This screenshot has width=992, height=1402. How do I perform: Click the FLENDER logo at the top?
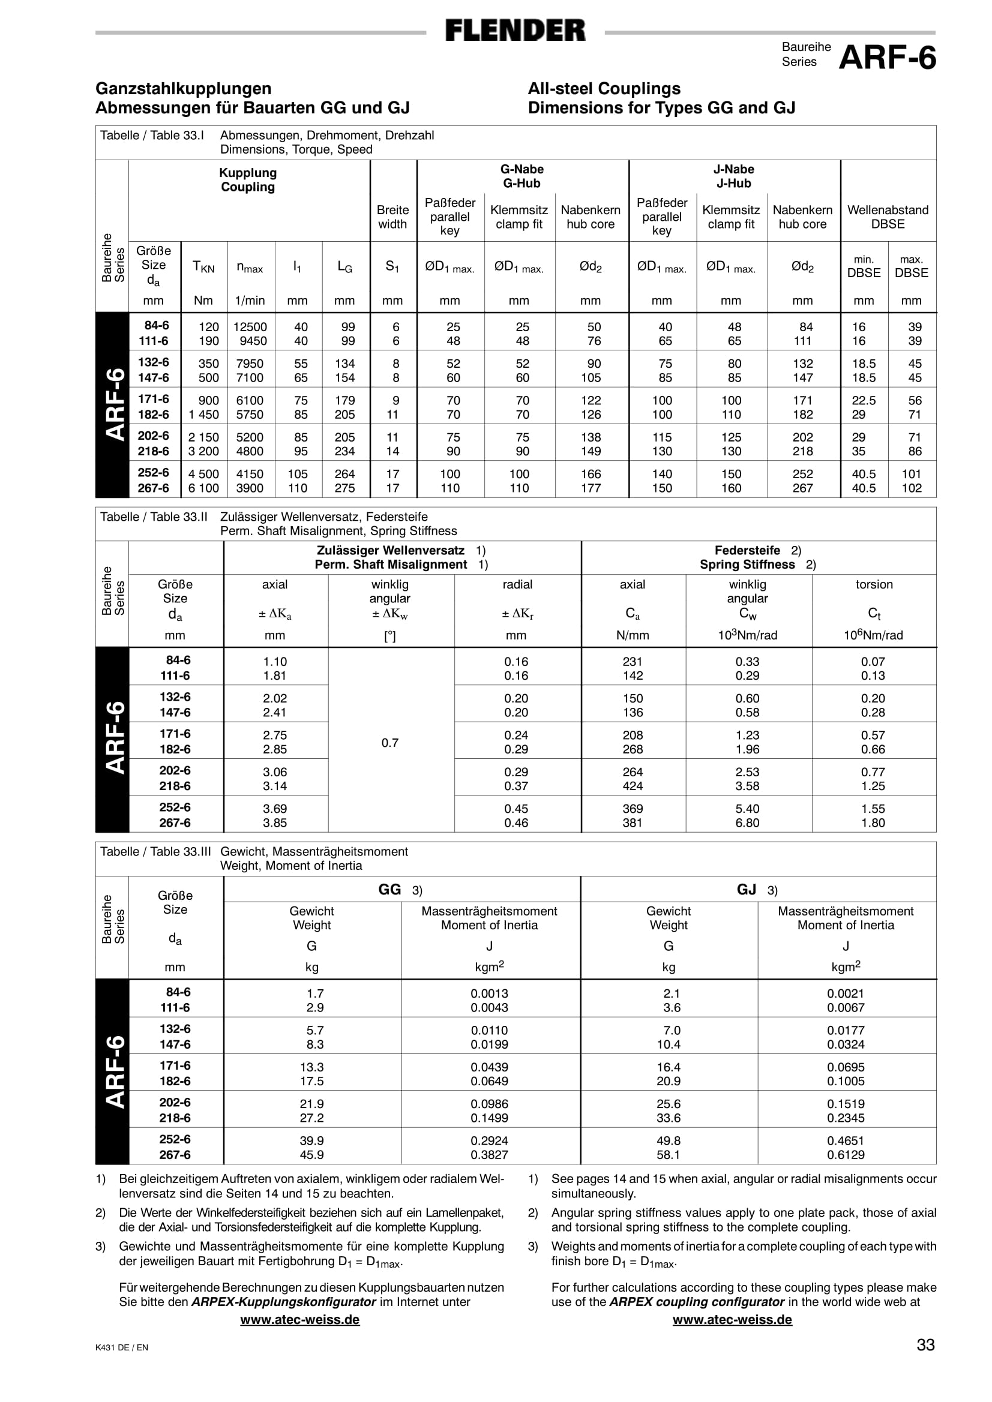click(x=515, y=30)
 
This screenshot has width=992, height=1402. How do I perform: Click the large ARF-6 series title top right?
click(x=887, y=58)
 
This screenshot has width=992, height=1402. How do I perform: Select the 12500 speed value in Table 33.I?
click(x=250, y=328)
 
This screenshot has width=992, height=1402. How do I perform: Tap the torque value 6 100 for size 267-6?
click(x=203, y=488)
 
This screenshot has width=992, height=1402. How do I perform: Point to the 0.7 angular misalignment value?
click(x=389, y=743)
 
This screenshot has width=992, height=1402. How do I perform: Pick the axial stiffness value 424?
click(x=633, y=786)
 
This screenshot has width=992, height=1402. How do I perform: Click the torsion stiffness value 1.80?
click(x=873, y=822)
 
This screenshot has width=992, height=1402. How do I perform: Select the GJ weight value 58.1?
click(x=669, y=1155)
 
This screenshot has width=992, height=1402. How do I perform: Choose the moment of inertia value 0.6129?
click(x=846, y=1155)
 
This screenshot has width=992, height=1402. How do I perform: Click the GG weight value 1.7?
click(x=315, y=993)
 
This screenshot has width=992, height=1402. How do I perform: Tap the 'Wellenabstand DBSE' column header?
click(x=888, y=217)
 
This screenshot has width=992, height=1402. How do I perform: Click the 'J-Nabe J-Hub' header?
click(x=733, y=176)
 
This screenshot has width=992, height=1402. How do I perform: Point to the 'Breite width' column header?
click(x=392, y=217)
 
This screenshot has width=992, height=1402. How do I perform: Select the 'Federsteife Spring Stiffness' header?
click(x=757, y=557)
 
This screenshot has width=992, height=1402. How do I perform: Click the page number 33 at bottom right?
click(x=925, y=1344)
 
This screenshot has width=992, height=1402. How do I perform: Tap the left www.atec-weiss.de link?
click(x=300, y=1320)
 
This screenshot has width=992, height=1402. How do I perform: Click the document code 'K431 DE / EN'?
click(x=122, y=1347)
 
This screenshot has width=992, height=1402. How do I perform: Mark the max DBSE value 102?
click(x=912, y=488)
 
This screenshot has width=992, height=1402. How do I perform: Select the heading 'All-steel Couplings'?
click(x=604, y=89)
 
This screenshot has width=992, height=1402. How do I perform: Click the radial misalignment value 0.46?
click(x=516, y=822)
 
